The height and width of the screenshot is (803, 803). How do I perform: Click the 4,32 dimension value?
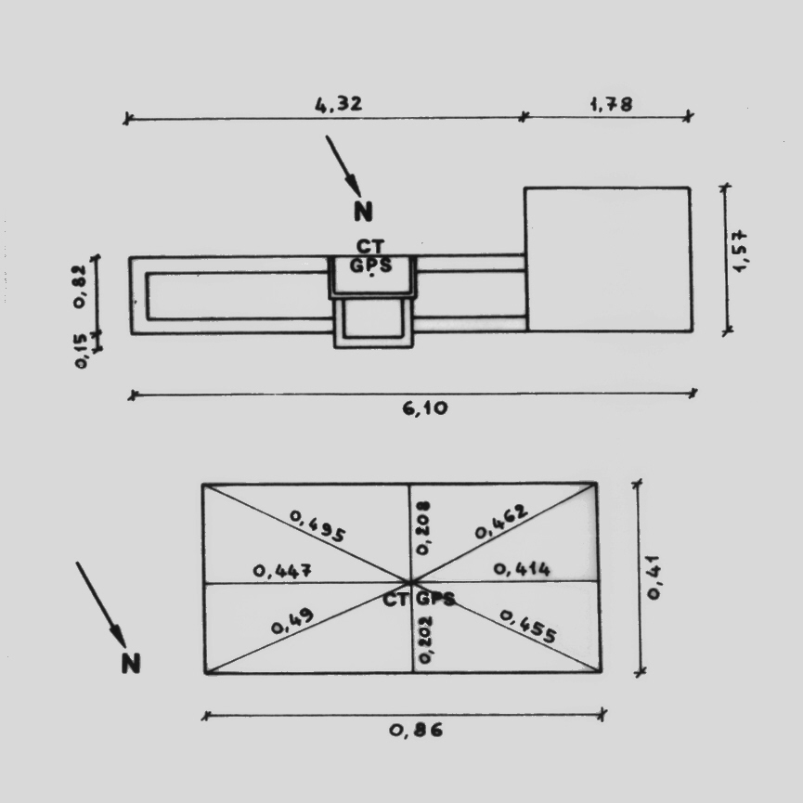pyautogui.click(x=339, y=104)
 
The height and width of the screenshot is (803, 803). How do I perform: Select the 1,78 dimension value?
pyautogui.click(x=612, y=105)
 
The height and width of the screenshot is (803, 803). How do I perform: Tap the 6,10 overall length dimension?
pyautogui.click(x=425, y=408)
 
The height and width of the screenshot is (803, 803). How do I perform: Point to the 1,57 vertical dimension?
pyautogui.click(x=740, y=252)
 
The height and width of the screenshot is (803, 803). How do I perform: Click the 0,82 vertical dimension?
pyautogui.click(x=80, y=286)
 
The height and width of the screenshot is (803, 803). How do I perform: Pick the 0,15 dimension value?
pyautogui.click(x=81, y=351)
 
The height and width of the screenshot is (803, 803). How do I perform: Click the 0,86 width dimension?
pyautogui.click(x=416, y=730)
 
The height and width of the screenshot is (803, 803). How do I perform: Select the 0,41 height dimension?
pyautogui.click(x=654, y=577)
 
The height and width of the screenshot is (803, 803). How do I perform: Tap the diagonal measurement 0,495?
pyautogui.click(x=317, y=525)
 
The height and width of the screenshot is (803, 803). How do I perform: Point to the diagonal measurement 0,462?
pyautogui.click(x=501, y=522)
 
